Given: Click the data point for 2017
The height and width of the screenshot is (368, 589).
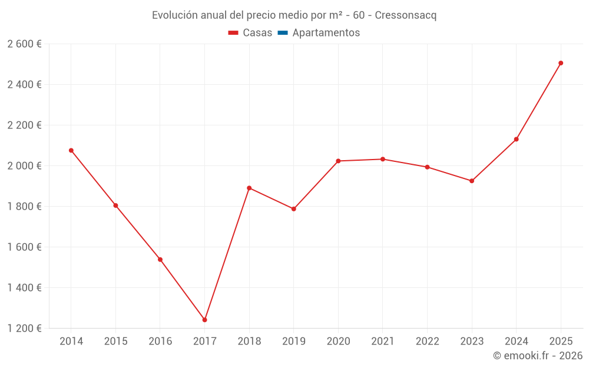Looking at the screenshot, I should [x=204, y=320].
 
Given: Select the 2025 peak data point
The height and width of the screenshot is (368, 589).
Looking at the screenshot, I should [x=561, y=63].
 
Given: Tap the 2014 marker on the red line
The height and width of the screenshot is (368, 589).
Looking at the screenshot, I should [x=71, y=150].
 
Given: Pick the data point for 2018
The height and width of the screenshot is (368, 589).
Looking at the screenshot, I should [x=249, y=188].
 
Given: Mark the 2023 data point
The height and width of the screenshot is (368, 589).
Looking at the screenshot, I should [x=472, y=181].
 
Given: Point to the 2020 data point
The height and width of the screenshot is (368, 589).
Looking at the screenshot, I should [x=338, y=161].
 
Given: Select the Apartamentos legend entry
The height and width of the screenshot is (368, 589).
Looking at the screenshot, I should [x=319, y=33].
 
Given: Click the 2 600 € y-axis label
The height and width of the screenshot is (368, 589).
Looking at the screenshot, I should [x=24, y=44].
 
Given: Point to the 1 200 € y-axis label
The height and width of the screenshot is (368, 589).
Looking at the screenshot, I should [x=24, y=329].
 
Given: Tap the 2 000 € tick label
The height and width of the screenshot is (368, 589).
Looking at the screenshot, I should [x=24, y=165].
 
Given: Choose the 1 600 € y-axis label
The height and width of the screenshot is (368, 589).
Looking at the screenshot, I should [x=24, y=247].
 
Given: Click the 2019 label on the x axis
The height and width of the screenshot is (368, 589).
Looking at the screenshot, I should [x=293, y=342].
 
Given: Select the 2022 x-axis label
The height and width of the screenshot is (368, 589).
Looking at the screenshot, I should [x=427, y=342].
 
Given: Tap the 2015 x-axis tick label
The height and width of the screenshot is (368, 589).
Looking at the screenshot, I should [x=115, y=342].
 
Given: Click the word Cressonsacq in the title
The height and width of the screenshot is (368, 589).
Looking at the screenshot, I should [x=405, y=15].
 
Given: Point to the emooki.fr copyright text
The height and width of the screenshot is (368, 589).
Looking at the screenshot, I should [x=537, y=356].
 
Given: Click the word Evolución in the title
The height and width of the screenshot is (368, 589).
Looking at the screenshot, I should [x=174, y=15].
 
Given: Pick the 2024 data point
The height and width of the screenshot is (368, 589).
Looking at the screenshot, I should [x=516, y=139].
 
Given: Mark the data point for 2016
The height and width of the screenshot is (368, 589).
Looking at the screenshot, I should [x=160, y=259].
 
